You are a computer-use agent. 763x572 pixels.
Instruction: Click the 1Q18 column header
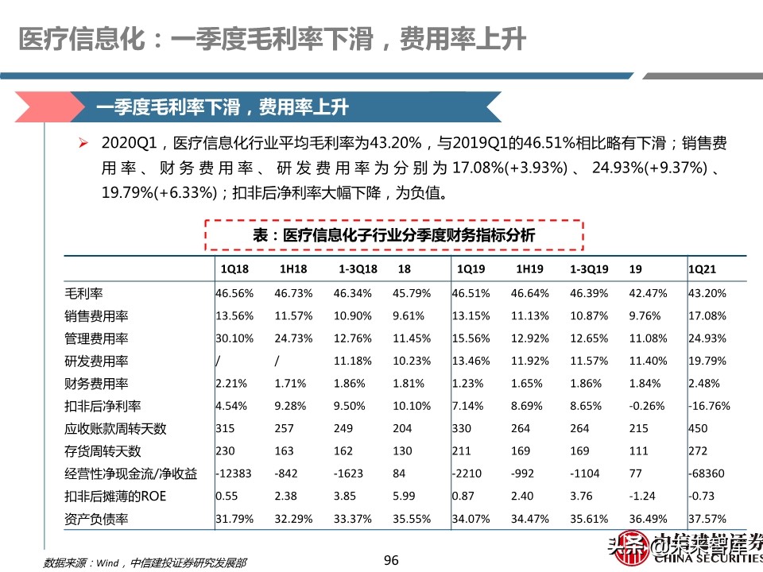point(234,269)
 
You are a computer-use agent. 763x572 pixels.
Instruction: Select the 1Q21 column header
point(704,269)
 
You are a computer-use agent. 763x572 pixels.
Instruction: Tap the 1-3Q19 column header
point(589,269)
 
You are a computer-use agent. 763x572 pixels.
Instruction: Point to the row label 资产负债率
point(97,520)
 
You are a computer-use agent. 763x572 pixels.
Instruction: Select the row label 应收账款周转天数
point(115,429)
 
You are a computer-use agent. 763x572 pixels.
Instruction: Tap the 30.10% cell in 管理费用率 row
point(234,338)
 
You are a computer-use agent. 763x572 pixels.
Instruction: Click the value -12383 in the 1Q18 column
point(233,474)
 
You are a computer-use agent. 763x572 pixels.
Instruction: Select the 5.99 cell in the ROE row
point(403,497)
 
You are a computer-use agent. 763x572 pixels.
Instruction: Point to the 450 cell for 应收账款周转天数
point(697,429)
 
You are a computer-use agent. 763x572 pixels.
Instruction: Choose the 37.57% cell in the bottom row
point(707,520)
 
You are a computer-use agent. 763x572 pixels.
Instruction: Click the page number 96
point(390,560)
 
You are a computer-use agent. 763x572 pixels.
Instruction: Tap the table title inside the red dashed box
point(394,235)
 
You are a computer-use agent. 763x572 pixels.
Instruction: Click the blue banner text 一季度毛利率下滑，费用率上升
point(222,106)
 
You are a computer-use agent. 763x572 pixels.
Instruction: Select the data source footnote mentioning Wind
point(142,563)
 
